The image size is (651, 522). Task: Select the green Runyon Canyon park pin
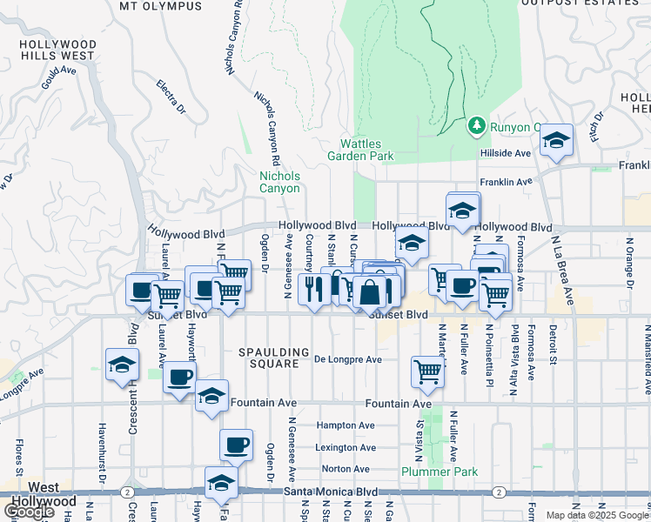pos(476,127)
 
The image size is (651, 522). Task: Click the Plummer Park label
pos(429,472)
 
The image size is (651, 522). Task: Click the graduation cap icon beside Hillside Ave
pos(556,140)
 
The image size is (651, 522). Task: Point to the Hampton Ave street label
pos(346,425)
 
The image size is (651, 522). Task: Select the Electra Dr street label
pos(171,97)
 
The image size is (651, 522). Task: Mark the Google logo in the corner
pos(29,512)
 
